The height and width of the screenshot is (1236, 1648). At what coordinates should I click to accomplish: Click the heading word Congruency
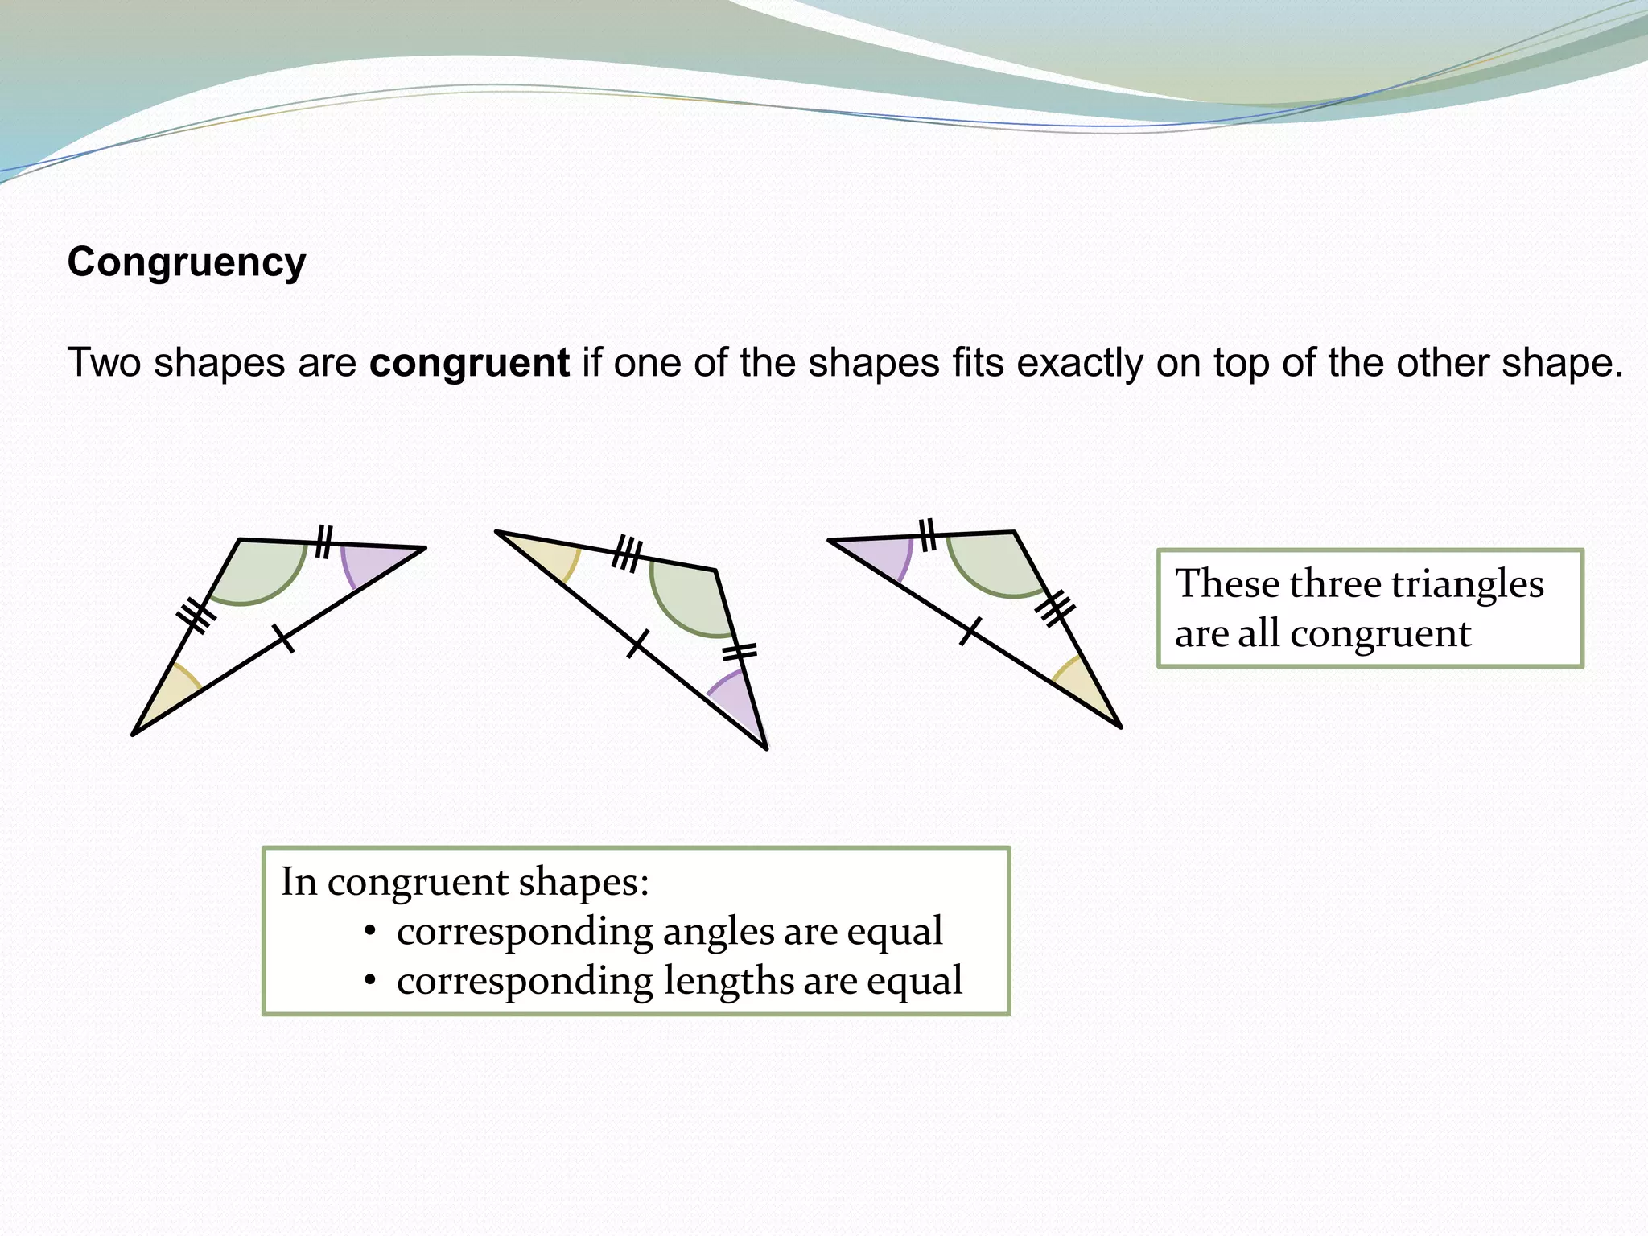pos(187,262)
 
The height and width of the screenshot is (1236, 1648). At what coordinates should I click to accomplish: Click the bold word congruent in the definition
pos(469,363)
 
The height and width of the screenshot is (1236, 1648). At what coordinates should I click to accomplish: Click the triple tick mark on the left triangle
pos(196,616)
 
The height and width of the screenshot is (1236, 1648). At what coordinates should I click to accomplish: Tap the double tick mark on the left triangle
pos(323,541)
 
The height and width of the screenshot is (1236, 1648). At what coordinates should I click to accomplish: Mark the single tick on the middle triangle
pos(637,644)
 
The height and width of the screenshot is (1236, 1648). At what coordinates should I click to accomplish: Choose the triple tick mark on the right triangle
pos(1054,608)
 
